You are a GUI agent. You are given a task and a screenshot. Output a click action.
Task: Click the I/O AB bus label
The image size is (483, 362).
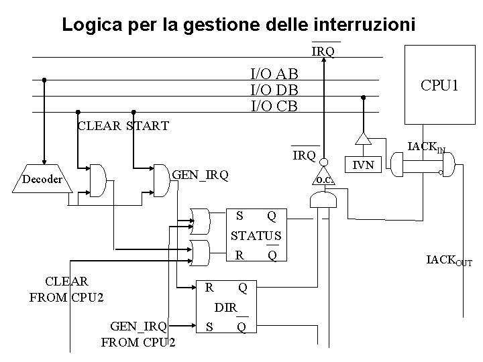[274, 74]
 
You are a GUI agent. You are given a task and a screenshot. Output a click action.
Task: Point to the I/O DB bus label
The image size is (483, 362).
[274, 90]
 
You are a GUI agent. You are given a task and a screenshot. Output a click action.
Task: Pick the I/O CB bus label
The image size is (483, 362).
[274, 105]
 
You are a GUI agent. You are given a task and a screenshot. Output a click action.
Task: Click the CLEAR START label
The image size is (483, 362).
[123, 125]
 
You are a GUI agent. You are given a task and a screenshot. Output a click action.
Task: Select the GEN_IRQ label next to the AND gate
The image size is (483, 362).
[200, 176]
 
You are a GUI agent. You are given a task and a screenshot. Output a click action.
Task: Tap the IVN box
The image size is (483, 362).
[364, 164]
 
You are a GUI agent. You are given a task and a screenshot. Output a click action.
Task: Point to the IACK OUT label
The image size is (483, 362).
[449, 261]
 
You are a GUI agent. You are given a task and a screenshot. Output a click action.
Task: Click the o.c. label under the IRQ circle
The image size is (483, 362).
[325, 180]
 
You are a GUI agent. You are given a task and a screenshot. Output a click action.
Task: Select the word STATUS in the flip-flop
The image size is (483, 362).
[256, 236]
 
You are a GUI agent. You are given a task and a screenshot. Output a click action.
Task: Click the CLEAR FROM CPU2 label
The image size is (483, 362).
[66, 288]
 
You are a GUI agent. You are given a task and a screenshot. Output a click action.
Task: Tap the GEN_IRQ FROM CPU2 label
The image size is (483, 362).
[139, 334]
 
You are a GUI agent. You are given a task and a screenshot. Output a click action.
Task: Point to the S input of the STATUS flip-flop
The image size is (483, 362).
[239, 216]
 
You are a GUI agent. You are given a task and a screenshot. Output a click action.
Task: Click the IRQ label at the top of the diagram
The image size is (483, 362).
[323, 51]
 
